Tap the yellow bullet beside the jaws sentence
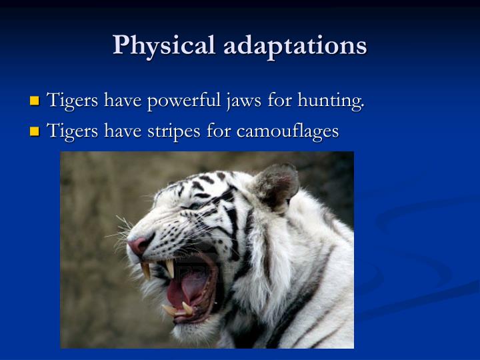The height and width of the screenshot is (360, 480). (35, 102)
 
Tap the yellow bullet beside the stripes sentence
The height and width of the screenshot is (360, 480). (35, 133)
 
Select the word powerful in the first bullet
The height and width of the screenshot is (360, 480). (180, 101)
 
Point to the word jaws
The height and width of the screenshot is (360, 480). (242, 101)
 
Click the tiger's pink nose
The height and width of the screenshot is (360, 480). (139, 245)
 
